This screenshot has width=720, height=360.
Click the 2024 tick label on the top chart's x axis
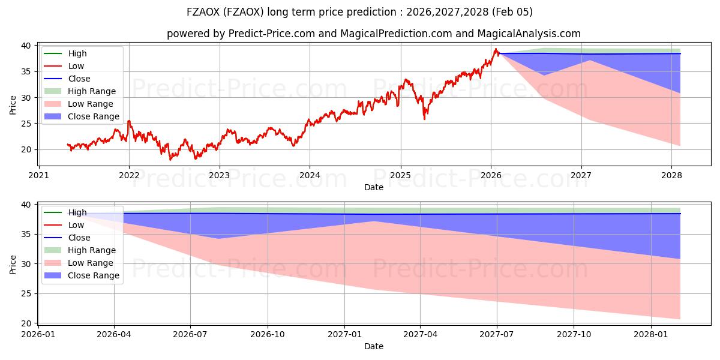pyautogui.click(x=310, y=176)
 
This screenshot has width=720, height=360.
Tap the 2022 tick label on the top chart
pyautogui.click(x=129, y=176)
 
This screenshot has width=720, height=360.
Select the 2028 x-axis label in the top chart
pyautogui.click(x=671, y=176)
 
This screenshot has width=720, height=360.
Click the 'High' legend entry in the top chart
pyautogui.click(x=77, y=53)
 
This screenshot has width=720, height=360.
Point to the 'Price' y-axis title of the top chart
pyautogui.click(x=13, y=105)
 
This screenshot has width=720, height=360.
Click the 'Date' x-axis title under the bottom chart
pyautogui.click(x=374, y=346)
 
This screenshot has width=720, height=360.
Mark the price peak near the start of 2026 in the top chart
pyautogui.click(x=496, y=49)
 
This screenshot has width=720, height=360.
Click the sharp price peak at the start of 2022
pyautogui.click(x=128, y=121)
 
